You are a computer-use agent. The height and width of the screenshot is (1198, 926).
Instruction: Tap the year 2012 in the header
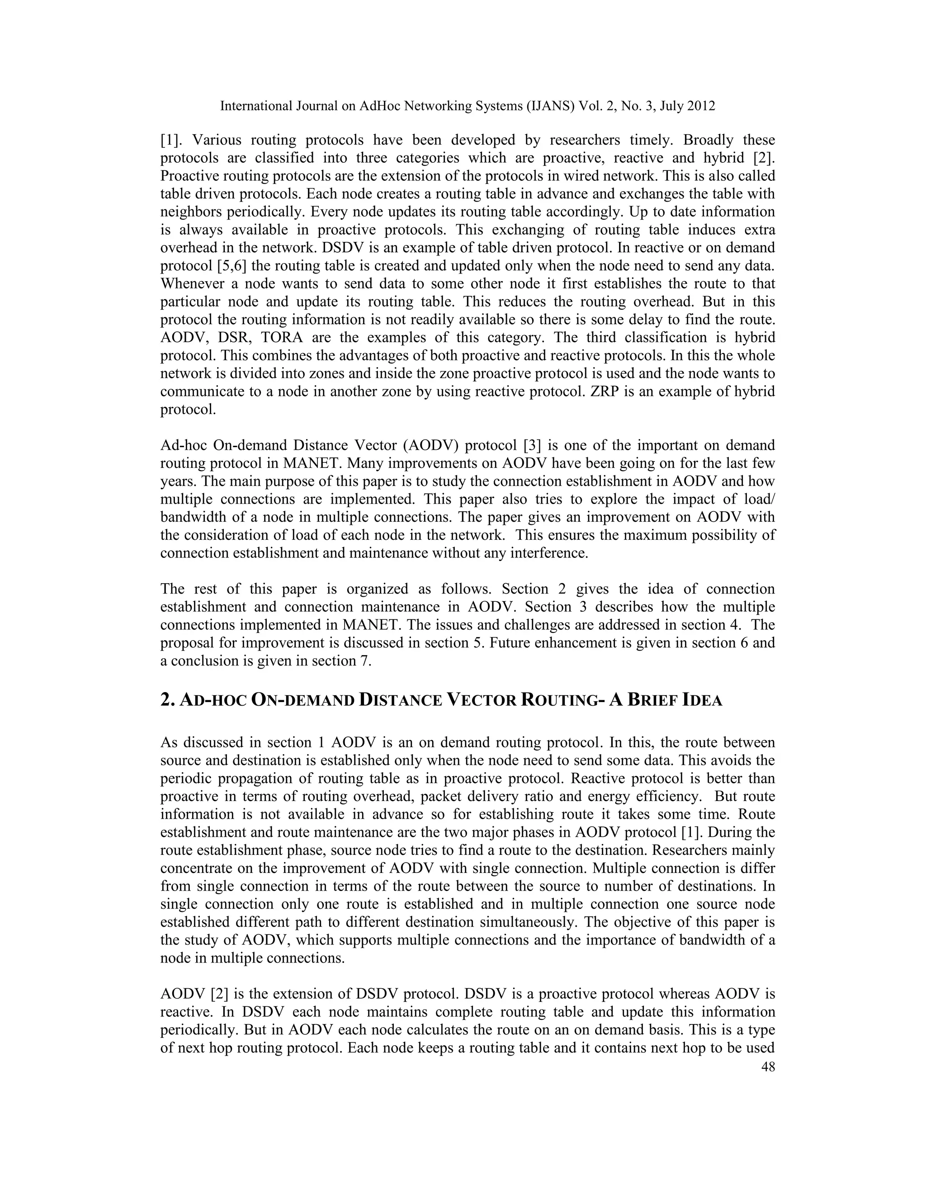[x=700, y=106]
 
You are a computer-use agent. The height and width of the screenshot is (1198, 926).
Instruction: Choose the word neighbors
[x=191, y=212]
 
